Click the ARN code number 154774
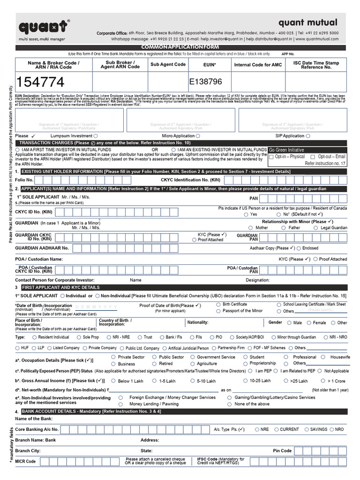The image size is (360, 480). [40, 82]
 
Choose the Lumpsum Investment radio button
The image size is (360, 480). [96, 136]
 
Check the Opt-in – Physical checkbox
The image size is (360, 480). [272, 157]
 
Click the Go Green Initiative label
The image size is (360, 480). [286, 150]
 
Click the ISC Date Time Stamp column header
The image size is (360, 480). [315, 65]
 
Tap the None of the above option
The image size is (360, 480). [230, 404]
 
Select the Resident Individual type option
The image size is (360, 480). [35, 337]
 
